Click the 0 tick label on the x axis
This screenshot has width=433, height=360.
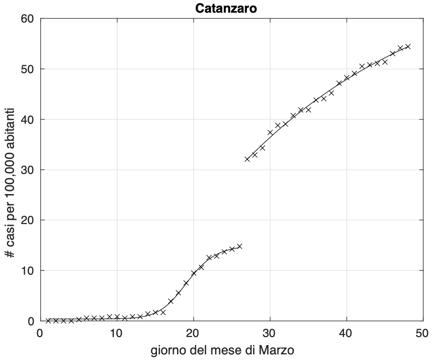40,332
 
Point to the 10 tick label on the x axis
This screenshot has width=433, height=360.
117,332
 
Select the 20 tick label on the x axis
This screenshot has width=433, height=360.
193,332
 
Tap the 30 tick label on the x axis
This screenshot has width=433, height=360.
269,332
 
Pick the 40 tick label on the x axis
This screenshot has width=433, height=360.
346,332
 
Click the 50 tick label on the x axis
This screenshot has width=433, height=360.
422,332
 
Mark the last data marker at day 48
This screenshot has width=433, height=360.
408,46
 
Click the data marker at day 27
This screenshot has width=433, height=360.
247,159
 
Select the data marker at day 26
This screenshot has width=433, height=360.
239,246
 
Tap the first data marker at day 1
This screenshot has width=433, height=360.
48,321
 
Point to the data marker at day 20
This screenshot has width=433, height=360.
194,273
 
